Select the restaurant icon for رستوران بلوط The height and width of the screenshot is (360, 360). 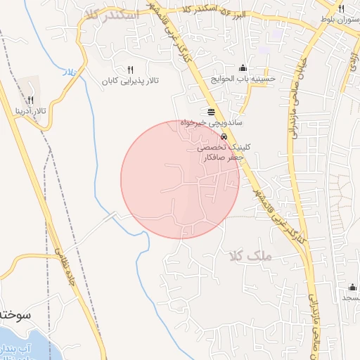tap(341, 9)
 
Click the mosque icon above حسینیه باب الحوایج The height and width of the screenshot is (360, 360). tap(243, 67)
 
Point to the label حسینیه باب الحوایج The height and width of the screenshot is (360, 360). tap(247, 79)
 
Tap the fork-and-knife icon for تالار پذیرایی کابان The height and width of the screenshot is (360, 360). tap(130, 70)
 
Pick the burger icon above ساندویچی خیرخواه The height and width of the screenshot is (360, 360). tap(212, 111)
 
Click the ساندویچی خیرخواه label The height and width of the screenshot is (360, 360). tap(212, 122)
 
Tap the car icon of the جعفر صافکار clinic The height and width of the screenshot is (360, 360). tap(224, 137)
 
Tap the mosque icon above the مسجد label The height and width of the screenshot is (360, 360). tap(352, 287)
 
